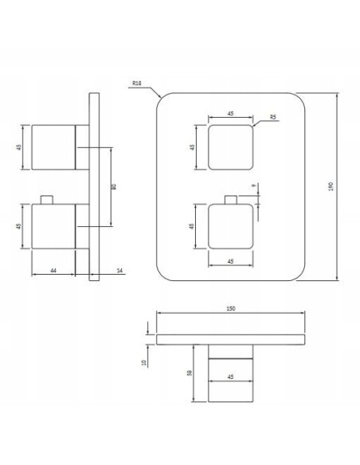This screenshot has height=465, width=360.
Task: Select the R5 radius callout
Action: [272, 118]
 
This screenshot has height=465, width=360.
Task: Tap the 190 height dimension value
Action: [342, 186]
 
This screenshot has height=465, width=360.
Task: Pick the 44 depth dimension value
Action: [53, 271]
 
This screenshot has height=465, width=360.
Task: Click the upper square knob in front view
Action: [230, 147]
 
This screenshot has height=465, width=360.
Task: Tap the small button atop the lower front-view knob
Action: [231, 200]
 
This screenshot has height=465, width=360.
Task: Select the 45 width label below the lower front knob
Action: [230, 260]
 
